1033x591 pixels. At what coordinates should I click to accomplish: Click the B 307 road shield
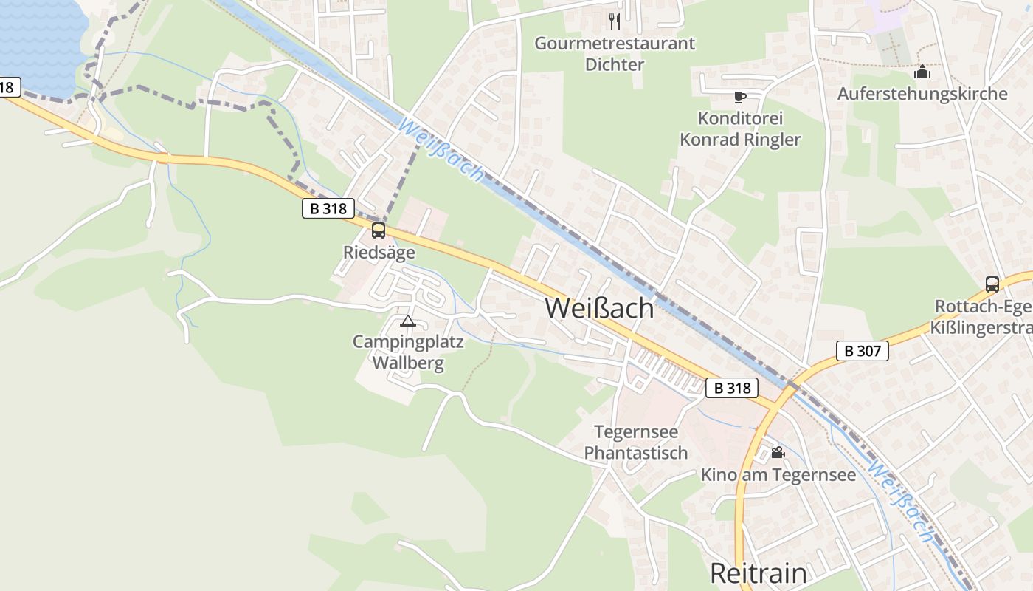click(862, 351)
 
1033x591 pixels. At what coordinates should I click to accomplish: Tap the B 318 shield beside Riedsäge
click(328, 208)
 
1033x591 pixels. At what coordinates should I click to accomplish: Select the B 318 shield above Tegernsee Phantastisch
click(732, 388)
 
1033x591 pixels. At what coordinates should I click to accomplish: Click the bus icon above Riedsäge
click(379, 230)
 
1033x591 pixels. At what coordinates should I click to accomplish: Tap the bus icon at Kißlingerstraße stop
click(992, 284)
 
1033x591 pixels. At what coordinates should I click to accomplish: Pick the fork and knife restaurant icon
click(615, 21)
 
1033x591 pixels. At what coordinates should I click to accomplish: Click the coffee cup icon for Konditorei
click(740, 97)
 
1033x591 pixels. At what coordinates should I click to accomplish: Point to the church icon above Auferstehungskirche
click(922, 72)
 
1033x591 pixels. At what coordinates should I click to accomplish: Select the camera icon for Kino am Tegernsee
click(778, 452)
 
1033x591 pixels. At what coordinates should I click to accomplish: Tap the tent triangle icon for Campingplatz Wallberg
click(407, 321)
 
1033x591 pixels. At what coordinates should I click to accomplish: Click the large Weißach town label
click(599, 308)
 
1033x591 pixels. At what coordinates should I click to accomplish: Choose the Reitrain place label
click(758, 573)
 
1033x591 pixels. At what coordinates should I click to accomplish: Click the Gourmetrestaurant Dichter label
click(615, 53)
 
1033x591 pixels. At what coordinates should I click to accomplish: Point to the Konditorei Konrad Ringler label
click(740, 129)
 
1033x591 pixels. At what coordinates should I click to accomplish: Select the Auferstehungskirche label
click(922, 94)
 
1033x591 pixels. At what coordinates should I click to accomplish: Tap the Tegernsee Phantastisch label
click(636, 442)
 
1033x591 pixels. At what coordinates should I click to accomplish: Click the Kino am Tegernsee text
click(778, 474)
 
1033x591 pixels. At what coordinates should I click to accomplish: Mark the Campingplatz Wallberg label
click(408, 352)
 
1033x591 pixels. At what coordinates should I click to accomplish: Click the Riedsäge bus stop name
click(379, 253)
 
